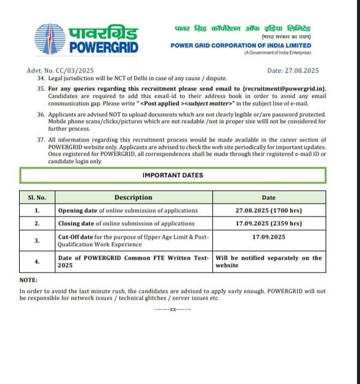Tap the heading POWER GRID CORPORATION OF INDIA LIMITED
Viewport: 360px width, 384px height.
click(x=241, y=46)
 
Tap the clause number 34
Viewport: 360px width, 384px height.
click(x=41, y=78)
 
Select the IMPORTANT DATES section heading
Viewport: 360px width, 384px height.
click(x=172, y=175)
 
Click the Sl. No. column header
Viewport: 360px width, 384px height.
click(x=38, y=198)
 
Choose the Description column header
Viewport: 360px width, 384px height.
click(x=133, y=198)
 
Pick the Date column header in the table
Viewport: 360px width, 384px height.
click(x=269, y=198)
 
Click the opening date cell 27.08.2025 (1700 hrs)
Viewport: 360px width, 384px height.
click(x=269, y=210)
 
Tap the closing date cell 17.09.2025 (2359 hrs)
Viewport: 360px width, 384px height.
click(x=269, y=223)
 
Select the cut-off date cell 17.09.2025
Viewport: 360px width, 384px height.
click(x=269, y=236)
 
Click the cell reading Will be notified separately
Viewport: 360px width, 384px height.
click(x=268, y=262)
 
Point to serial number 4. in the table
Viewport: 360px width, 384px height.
click(x=38, y=262)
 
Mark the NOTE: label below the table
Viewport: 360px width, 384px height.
click(x=28, y=280)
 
